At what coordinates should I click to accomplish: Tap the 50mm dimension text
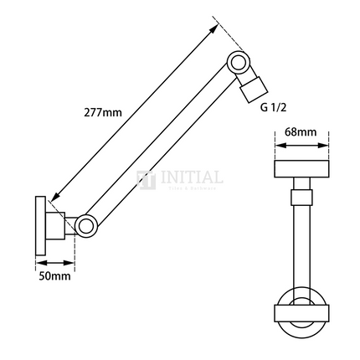tap(54, 275)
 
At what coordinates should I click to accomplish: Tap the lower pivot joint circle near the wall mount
tap(86, 224)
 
